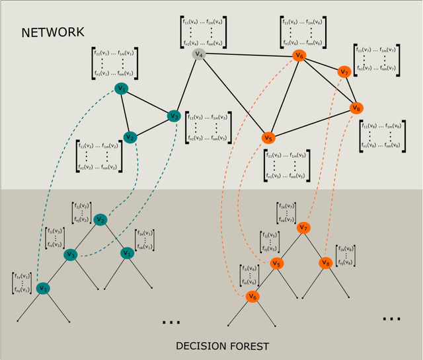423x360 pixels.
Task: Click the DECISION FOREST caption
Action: (223, 345)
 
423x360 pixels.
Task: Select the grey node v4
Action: (198, 54)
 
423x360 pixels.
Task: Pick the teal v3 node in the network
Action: (174, 116)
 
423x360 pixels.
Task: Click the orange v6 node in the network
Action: (299, 56)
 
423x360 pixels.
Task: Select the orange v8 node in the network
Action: (357, 107)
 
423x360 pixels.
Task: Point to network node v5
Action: (268, 138)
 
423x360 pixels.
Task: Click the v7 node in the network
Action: (344, 71)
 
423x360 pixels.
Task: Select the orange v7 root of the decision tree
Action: (303, 228)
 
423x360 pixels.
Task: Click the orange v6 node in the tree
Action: (252, 297)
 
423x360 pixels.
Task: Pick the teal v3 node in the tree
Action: (71, 254)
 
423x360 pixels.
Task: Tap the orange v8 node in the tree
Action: (325, 263)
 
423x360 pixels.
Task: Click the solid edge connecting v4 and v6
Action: (249, 55)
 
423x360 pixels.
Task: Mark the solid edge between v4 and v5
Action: (233, 95)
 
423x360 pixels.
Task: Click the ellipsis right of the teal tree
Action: (171, 322)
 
